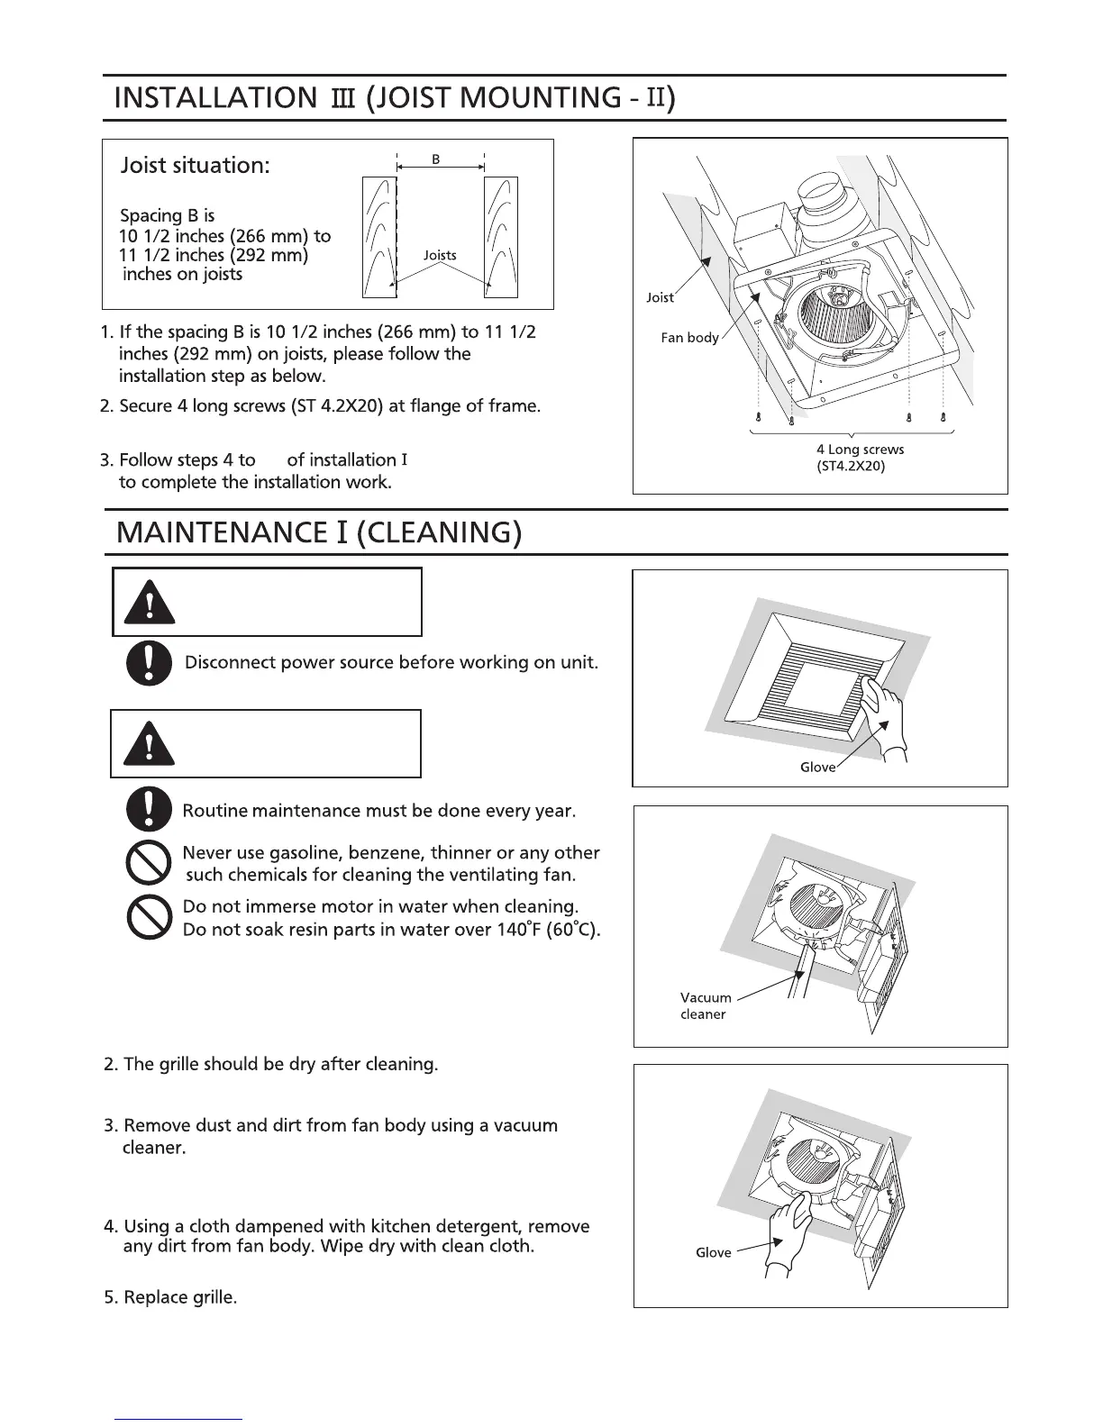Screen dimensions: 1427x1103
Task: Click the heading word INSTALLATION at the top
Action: pyautogui.click(x=215, y=97)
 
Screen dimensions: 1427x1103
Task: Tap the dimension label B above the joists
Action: pyautogui.click(x=436, y=159)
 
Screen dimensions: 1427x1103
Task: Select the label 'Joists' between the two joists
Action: pyautogui.click(x=440, y=255)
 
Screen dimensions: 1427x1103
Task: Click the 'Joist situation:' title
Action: pyautogui.click(x=196, y=166)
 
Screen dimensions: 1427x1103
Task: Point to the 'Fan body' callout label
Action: pyautogui.click(x=689, y=338)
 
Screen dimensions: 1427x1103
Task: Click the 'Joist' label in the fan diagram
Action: pyautogui.click(x=660, y=297)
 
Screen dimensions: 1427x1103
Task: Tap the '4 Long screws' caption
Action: pyautogui.click(x=860, y=450)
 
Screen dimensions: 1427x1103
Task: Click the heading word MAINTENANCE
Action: pyautogui.click(x=222, y=532)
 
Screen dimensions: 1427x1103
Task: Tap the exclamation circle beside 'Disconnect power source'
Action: pyautogui.click(x=149, y=664)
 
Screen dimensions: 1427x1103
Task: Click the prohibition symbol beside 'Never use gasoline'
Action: pyautogui.click(x=149, y=863)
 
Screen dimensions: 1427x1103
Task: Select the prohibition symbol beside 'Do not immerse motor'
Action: pyautogui.click(x=149, y=918)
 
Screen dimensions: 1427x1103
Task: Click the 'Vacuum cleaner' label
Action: pyautogui.click(x=705, y=1005)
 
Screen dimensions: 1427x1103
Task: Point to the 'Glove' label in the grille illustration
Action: pyautogui.click(x=817, y=768)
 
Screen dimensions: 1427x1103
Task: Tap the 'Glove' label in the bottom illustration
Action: pyautogui.click(x=713, y=1252)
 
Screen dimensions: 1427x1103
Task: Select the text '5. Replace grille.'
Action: pyautogui.click(x=171, y=1297)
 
